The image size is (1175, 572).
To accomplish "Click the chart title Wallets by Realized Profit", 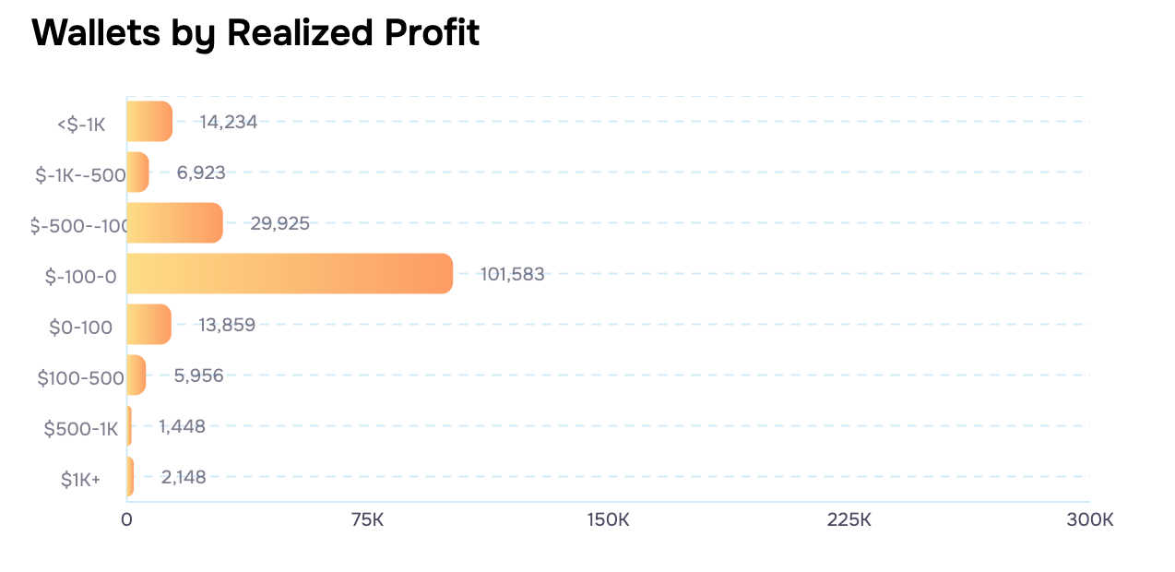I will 255,33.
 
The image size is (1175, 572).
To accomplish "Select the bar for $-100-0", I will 290,274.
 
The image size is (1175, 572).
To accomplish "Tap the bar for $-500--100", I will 174,223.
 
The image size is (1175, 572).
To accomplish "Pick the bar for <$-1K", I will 149,122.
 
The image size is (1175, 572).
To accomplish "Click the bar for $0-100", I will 148,325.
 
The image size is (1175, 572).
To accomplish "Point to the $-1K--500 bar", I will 137,173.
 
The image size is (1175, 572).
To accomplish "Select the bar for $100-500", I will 136,375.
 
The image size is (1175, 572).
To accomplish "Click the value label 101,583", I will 512,274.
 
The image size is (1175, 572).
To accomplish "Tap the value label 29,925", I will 279,223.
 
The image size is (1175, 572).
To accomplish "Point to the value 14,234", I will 228,122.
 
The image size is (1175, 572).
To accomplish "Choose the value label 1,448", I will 182,426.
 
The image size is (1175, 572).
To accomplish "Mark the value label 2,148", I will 184,477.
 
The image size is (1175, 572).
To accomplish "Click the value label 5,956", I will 198,375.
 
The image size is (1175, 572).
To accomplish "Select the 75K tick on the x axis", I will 367,519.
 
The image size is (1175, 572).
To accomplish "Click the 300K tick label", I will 1089,519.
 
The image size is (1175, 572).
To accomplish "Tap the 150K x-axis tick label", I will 608,519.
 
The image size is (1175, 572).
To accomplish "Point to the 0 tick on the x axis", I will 126,519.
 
